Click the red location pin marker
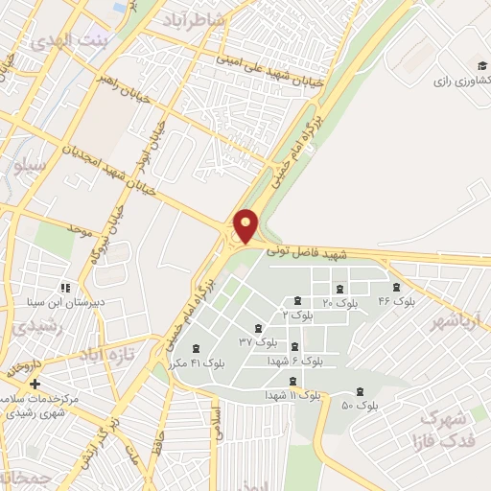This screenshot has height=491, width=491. [x=246, y=224]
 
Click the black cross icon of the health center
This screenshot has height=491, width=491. [x=35, y=384]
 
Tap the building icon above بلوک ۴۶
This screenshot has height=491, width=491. [x=396, y=287]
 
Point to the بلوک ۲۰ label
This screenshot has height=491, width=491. [x=340, y=303]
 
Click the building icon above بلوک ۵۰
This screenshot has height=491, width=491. [x=360, y=390]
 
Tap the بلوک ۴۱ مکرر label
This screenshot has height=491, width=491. [x=196, y=363]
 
